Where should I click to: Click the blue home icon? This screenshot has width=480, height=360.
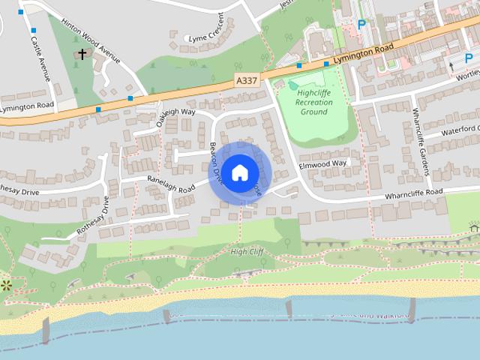pyautogui.click(x=239, y=172)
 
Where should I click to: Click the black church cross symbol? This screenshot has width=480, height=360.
pyautogui.click(x=82, y=54)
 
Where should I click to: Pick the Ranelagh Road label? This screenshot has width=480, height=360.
pyautogui.click(x=171, y=184)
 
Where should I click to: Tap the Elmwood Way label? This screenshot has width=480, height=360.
pyautogui.click(x=323, y=163)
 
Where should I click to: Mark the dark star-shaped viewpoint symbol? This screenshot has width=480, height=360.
pyautogui.click(x=6, y=284)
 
